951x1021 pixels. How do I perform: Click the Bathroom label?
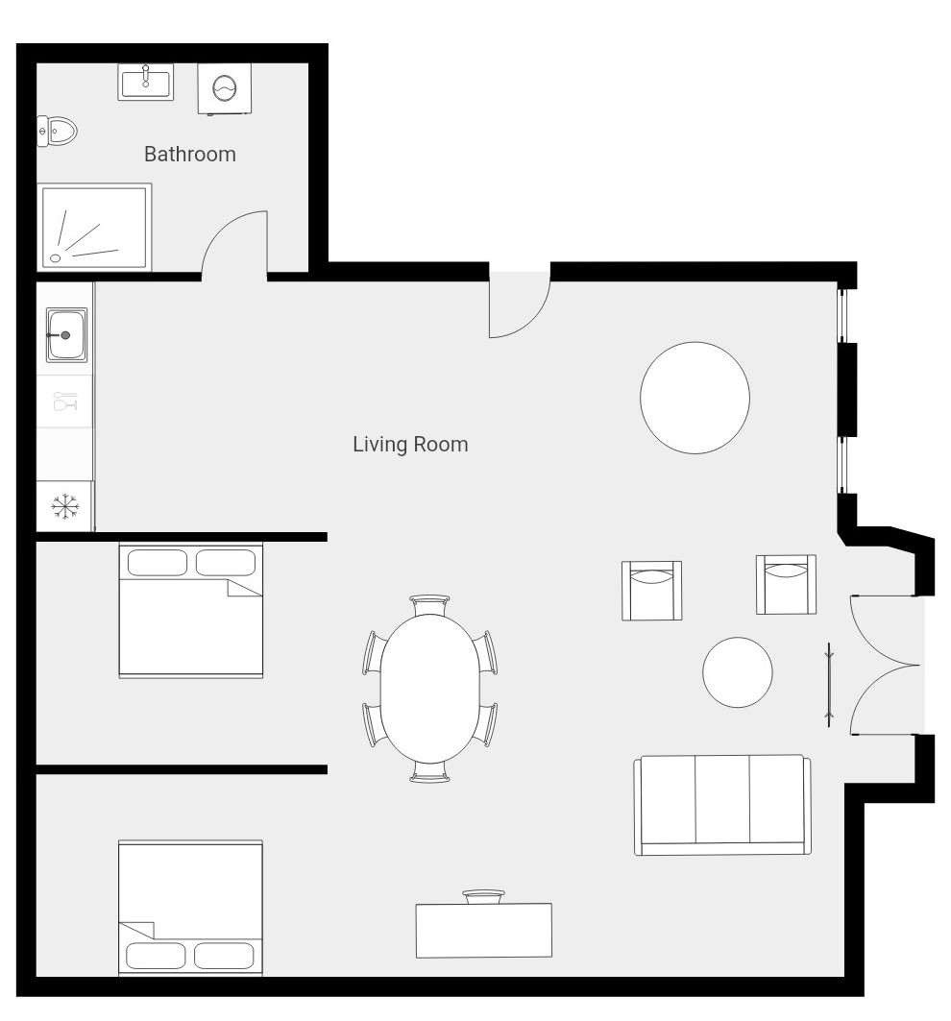pos(189,155)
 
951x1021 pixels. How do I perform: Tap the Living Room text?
pos(410,444)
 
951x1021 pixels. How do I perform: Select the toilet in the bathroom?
pos(57,131)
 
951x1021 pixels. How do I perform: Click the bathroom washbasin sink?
pos(146,82)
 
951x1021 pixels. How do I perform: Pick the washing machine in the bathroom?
pos(225,88)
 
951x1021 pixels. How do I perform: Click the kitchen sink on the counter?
pos(65,334)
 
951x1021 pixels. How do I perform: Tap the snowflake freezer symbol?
pos(65,506)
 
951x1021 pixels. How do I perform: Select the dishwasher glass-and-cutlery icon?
pos(65,401)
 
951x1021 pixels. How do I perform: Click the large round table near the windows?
pos(695,398)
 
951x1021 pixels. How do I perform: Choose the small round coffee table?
pos(738,672)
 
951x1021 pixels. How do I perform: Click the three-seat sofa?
pos(722,805)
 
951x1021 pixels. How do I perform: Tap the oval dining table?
pos(430,689)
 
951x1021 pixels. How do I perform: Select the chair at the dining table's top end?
pos(429,605)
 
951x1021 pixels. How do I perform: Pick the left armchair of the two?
pos(652,591)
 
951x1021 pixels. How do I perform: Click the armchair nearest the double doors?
pos(786,585)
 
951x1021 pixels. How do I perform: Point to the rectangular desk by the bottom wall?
pos(484,930)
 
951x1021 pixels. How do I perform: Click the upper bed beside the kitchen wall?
pos(191,611)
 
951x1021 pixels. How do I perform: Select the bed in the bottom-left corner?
pos(190,908)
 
